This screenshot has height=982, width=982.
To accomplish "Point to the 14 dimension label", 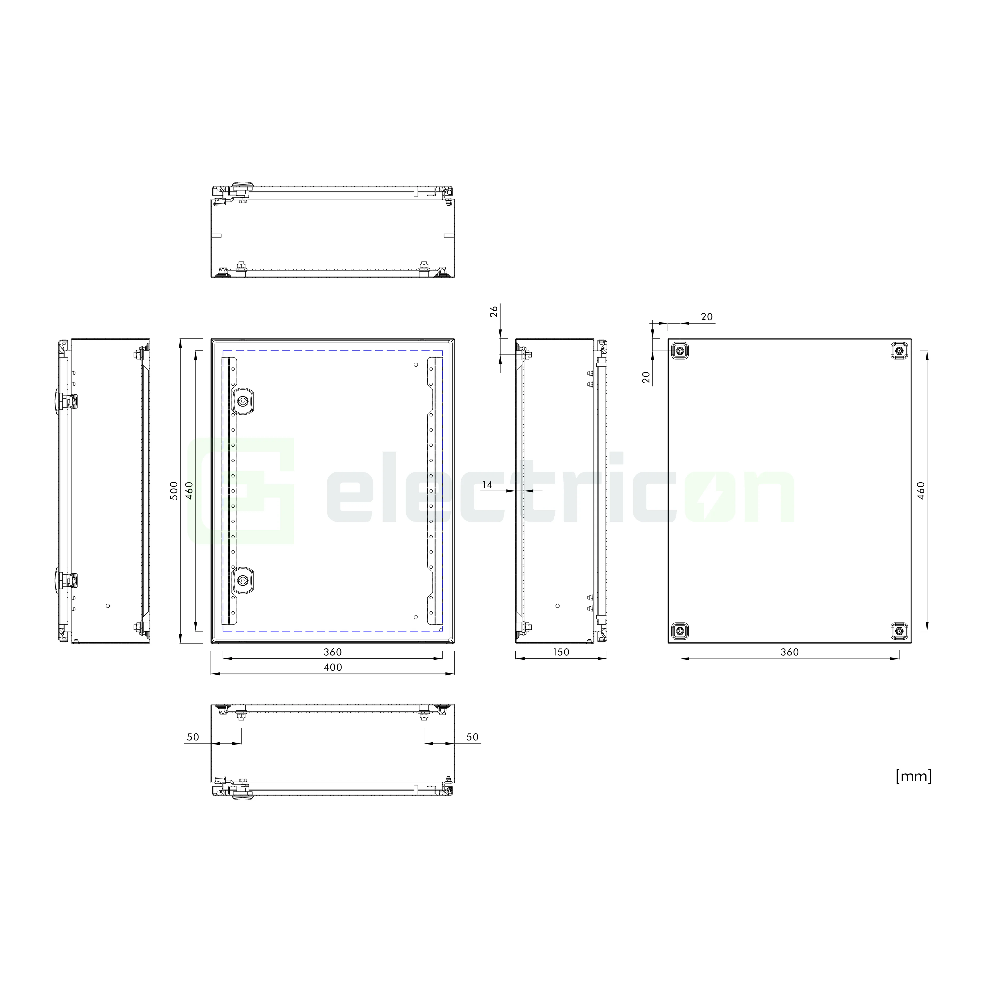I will (x=487, y=485).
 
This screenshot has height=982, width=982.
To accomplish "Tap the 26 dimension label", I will (x=493, y=311).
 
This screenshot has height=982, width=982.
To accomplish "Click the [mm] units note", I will (x=913, y=776).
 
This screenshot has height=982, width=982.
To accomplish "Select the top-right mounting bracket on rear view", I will (x=899, y=350).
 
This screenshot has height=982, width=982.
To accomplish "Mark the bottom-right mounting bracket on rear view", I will (x=899, y=631).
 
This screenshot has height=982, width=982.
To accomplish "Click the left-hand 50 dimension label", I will (x=193, y=737).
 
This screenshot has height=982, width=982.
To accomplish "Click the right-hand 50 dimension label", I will (x=472, y=737).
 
